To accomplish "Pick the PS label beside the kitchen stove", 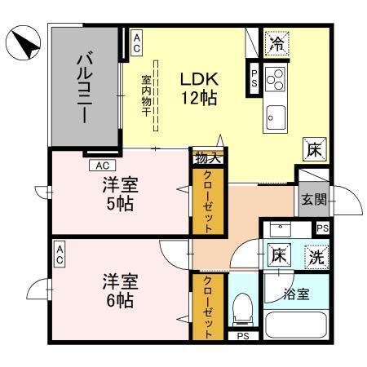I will pos(254,80).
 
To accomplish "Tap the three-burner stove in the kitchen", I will pos(276,81).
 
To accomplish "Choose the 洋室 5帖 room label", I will pos(120,193).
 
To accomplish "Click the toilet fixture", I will pos(241,308).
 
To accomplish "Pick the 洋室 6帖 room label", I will pos(120,290).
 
